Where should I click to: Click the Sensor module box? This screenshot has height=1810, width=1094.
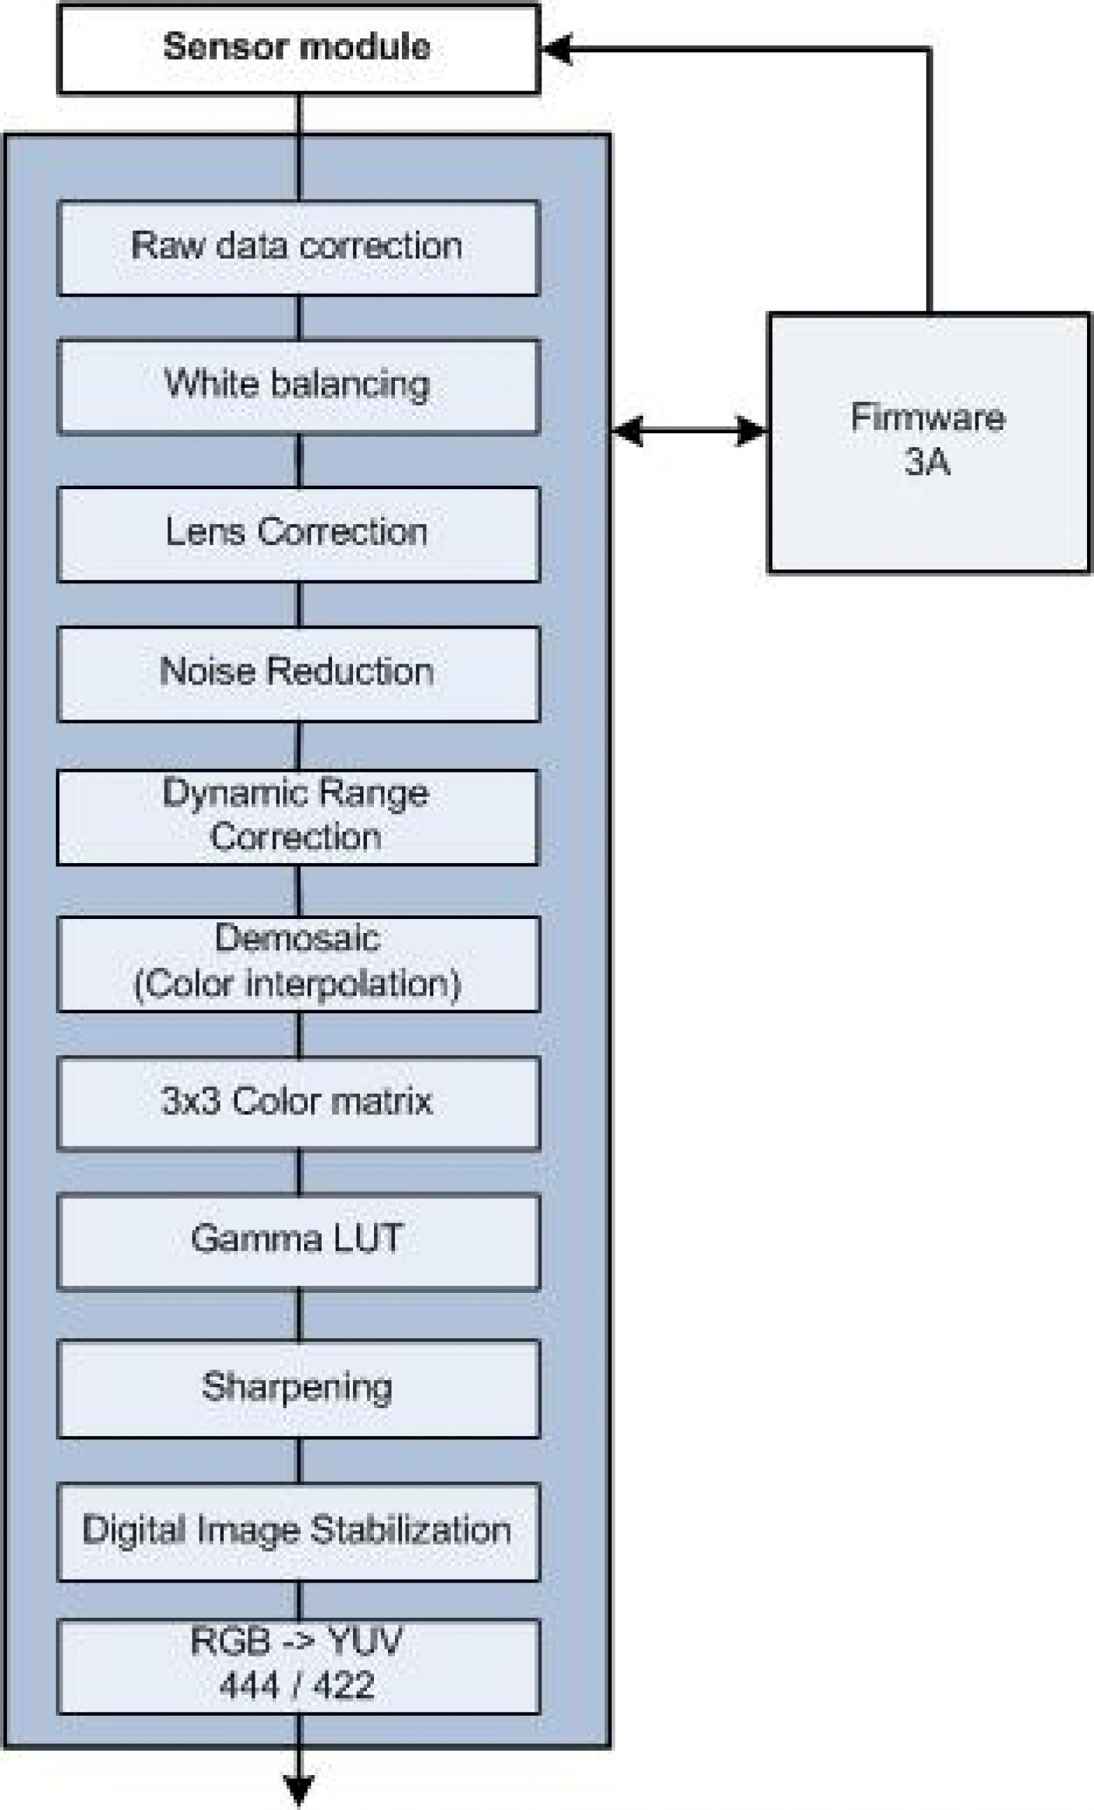click(299, 50)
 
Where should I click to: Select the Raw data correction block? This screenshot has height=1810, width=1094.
click(299, 248)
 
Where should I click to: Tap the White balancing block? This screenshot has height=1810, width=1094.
click(299, 386)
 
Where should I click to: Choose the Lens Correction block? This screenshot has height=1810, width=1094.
click(299, 533)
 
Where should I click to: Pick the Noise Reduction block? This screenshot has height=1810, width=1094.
click(299, 673)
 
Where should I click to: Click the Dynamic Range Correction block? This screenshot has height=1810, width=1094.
click(299, 816)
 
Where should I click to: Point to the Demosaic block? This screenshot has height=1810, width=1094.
click(299, 963)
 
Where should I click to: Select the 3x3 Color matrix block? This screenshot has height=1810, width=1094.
click(299, 1102)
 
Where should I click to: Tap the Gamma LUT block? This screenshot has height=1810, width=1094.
click(299, 1241)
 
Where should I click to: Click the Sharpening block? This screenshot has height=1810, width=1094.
click(299, 1389)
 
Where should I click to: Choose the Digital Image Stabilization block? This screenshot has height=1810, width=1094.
click(299, 1532)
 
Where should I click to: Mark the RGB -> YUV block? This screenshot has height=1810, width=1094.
click(299, 1667)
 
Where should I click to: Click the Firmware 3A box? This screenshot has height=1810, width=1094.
click(929, 442)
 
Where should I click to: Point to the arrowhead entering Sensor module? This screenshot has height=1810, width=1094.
click(556, 50)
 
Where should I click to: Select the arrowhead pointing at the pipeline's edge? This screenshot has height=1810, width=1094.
click(627, 431)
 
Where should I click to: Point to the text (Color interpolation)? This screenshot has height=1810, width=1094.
click(297, 985)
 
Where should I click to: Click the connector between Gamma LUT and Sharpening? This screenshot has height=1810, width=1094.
click(299, 1314)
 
